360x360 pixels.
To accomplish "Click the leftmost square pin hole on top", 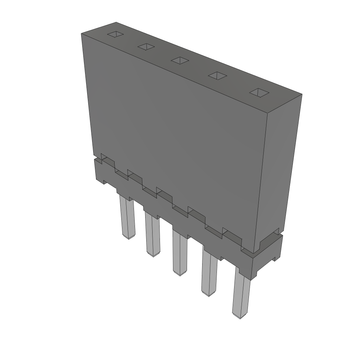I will [x=115, y=34].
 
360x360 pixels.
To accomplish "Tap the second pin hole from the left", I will [x=147, y=46].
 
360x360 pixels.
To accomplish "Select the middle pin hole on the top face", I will [x=180, y=60].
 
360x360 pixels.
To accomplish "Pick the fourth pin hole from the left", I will [x=218, y=75].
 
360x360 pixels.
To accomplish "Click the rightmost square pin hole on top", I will [x=259, y=92].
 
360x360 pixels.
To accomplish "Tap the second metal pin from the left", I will [x=152, y=234].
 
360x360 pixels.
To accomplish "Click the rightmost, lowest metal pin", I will [x=241, y=295].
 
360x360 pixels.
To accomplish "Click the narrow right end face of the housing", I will [x=279, y=169].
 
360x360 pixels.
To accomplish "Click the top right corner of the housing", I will [x=302, y=95].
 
